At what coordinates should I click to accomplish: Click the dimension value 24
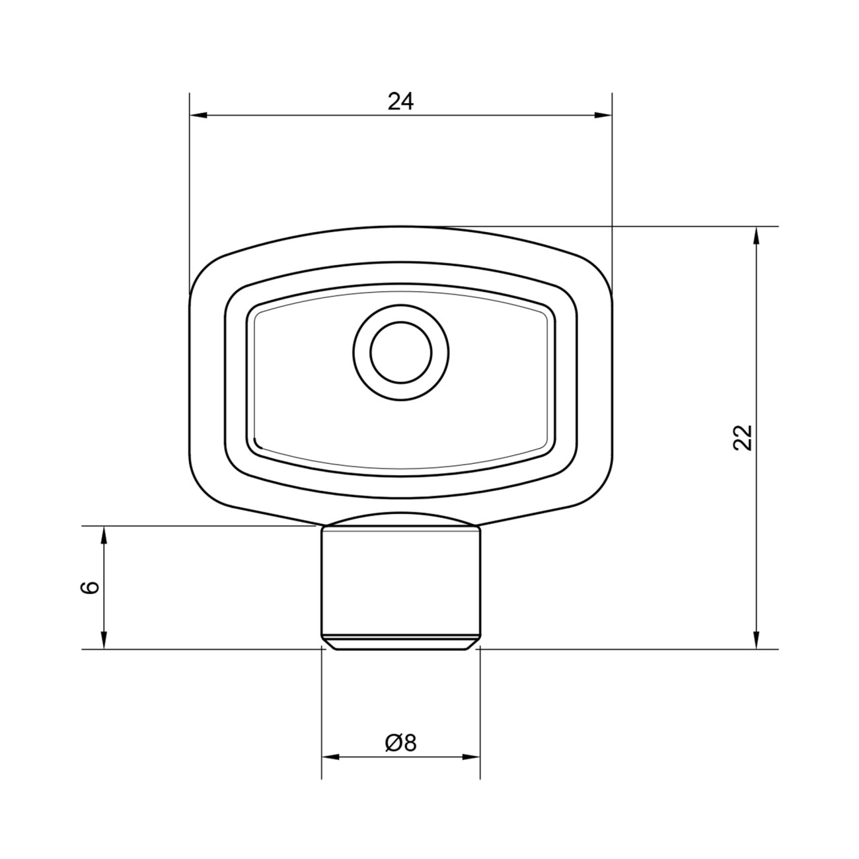tap(400, 102)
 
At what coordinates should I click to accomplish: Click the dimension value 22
tap(743, 437)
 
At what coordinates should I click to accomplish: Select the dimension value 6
tap(89, 587)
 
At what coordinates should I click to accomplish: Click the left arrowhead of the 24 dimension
tap(198, 116)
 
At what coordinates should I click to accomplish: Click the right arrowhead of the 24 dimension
tap(603, 116)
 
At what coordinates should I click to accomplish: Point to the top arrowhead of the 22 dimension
tap(756, 236)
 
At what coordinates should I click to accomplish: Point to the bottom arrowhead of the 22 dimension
tap(756, 640)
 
